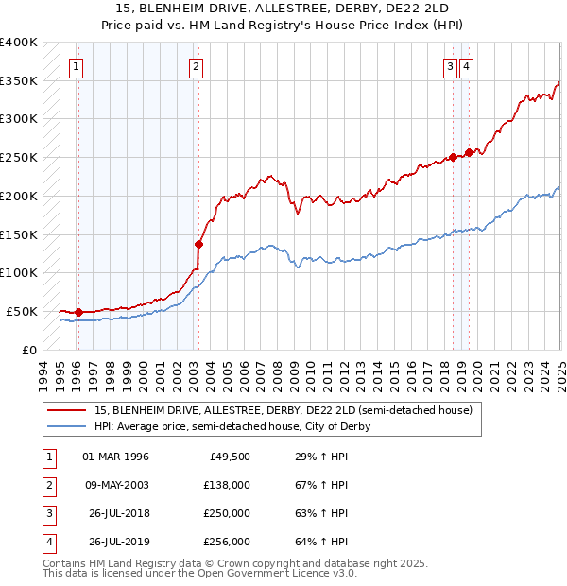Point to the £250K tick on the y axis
20,157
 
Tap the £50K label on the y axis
23,311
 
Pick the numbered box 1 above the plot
75,66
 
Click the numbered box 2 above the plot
195,66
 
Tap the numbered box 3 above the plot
451,66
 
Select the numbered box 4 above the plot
467,66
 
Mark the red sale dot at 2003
199,243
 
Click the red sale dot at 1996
79,311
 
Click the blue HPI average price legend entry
232,426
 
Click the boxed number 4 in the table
48,542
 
